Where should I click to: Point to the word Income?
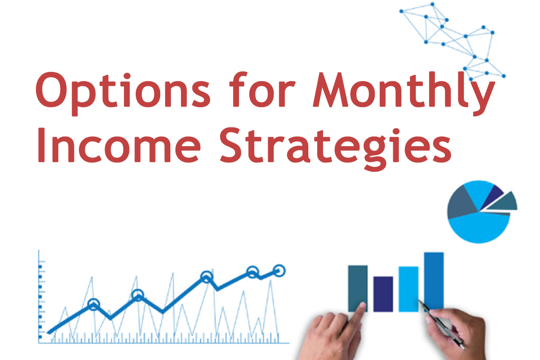[x=119, y=144]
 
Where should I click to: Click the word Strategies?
[x=336, y=148]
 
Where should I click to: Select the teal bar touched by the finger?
[x=358, y=288]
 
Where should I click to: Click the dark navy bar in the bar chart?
[x=383, y=294]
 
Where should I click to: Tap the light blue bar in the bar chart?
[x=408, y=289]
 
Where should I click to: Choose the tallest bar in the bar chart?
[x=434, y=281]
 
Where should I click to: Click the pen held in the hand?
[x=441, y=324]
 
